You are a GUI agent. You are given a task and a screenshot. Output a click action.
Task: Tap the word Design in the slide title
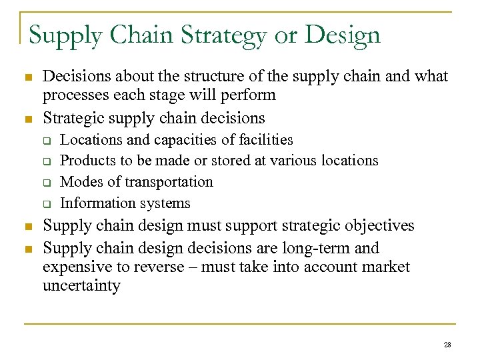pos(341,35)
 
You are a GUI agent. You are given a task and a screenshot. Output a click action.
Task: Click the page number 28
pos(446,345)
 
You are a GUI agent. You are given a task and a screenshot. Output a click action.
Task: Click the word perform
pos(250,95)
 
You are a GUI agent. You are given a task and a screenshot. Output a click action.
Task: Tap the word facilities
pos(266,139)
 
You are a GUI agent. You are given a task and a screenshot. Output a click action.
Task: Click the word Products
pos(83,161)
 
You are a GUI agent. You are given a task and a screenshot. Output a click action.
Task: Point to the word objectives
pos(376,226)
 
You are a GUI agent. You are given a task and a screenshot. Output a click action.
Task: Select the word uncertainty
pos(81,286)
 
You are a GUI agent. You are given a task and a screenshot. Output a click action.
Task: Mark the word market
pos(387,267)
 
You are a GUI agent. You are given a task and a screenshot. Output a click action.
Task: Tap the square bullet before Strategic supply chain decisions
pos(28,119)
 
